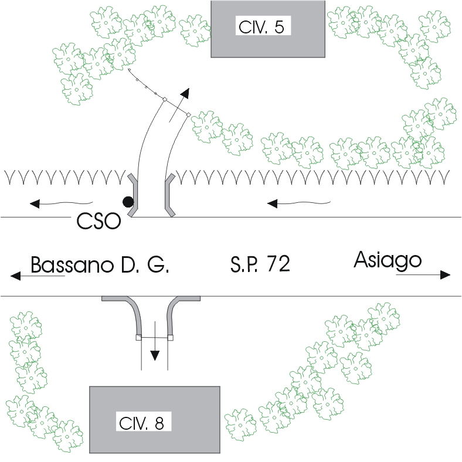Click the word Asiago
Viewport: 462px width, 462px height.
click(388, 260)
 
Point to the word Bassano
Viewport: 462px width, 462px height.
click(74, 265)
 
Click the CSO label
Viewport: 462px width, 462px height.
click(98, 221)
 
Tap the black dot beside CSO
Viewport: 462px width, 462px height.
click(127, 202)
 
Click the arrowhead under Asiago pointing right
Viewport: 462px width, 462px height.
click(444, 274)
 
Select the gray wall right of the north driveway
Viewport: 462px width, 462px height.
click(169, 193)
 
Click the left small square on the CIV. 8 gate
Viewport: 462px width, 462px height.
click(138, 338)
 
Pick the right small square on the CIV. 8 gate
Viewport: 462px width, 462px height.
click(171, 338)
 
